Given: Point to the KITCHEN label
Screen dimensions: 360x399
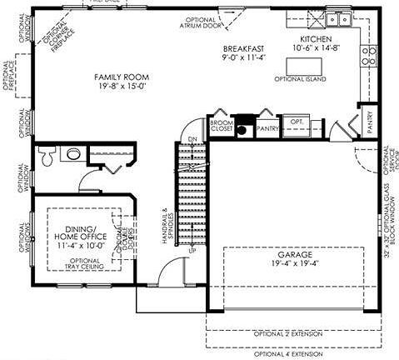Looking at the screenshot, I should [316, 38].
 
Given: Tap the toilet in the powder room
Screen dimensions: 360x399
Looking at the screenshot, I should [48, 155].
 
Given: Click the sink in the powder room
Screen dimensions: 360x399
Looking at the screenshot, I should [73, 153].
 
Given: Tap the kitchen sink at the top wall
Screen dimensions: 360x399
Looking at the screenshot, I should [337, 19].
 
